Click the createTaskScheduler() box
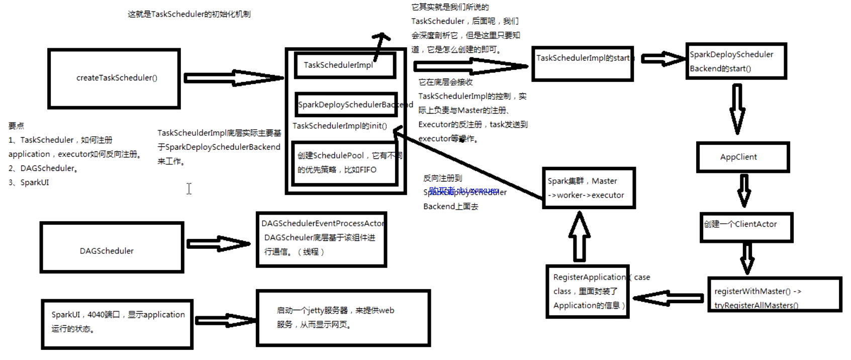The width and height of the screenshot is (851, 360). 114,78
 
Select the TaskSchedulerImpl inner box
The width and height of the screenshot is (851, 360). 345,65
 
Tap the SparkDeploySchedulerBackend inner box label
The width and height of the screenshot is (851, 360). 346,105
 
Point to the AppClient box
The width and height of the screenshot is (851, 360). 742,157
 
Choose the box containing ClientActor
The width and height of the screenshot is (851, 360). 746,227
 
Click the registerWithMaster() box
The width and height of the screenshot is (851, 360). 774,295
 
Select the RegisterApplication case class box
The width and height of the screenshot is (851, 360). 588,292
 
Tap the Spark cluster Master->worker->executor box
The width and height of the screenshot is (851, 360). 589,188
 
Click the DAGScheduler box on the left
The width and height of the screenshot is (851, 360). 112,248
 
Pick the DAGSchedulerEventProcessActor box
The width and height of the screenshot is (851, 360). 321,240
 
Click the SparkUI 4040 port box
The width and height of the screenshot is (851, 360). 118,324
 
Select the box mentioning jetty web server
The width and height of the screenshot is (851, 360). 343,318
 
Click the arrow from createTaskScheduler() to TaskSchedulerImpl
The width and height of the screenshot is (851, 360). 233,78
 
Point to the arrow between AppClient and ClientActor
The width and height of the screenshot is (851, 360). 744,190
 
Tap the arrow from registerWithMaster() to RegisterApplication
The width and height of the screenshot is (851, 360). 668,298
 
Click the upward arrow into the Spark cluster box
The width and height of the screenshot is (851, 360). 580,236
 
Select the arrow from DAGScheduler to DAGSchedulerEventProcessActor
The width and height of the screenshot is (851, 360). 218,244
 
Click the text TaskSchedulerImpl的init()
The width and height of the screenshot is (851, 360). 340,126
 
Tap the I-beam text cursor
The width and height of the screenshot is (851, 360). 189,189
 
